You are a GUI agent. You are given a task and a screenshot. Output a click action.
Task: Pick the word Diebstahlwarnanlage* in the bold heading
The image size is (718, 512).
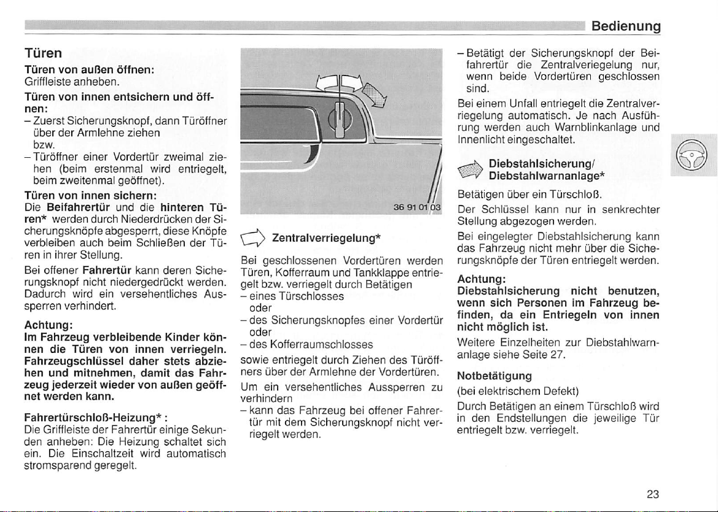[x=542, y=176]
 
